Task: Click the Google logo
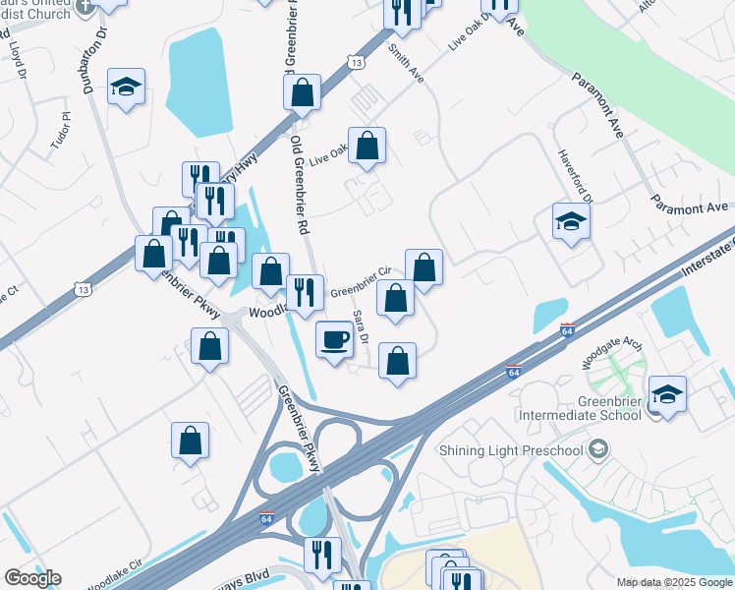coord(32,578)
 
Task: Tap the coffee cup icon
coord(335,339)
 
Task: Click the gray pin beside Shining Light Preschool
coord(597,450)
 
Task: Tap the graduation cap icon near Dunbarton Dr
coord(126,88)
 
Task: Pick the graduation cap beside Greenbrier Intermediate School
coord(668,394)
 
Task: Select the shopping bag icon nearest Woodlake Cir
coord(191,442)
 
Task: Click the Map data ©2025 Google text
coord(673,582)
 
